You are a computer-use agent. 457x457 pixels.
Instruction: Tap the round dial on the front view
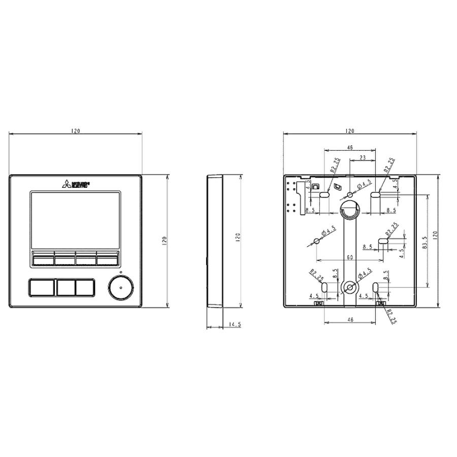[x=120, y=287]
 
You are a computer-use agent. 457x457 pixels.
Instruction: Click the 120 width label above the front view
[x=75, y=131]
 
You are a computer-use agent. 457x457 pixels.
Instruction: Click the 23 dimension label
[x=363, y=158]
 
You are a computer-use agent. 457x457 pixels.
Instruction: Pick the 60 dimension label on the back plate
[x=350, y=257]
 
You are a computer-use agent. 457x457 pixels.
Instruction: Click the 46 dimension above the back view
[x=350, y=147]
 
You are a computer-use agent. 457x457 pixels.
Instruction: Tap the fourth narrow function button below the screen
[x=107, y=260]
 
